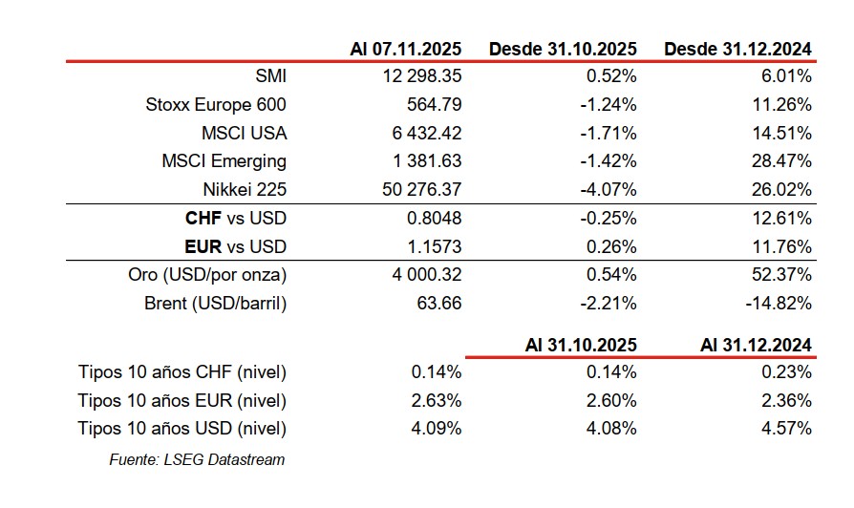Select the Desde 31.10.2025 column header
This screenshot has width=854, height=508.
tap(563, 49)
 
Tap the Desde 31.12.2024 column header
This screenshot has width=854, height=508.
tap(737, 49)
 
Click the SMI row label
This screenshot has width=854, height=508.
tap(271, 75)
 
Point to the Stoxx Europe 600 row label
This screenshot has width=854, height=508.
tap(216, 104)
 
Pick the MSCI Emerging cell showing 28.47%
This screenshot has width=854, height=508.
tap(783, 161)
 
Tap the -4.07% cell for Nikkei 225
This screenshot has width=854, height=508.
tap(609, 190)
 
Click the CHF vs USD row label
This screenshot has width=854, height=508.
tap(236, 219)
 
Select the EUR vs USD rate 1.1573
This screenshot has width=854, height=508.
tap(434, 247)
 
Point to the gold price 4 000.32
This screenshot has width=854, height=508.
tap(420, 276)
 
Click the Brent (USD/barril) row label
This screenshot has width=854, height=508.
tap(216, 305)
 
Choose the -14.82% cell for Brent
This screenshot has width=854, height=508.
tap(779, 305)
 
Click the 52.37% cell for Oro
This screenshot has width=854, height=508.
tap(783, 276)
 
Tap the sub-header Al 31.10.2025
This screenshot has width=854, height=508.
tap(581, 345)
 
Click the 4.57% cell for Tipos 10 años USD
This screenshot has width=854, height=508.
tap(788, 429)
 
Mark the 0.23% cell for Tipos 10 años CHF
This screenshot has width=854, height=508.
tap(788, 371)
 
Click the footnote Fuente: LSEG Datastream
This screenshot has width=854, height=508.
tap(197, 459)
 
